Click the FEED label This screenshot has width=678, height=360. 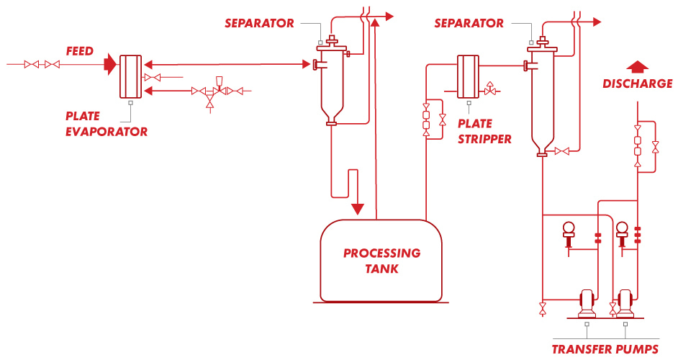(x=79, y=51)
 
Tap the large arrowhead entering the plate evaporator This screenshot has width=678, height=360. (x=109, y=65)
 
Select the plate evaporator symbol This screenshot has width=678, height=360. (x=130, y=76)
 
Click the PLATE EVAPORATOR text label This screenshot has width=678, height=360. (x=107, y=124)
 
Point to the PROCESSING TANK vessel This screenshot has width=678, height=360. (x=381, y=261)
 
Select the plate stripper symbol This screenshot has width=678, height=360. (x=469, y=76)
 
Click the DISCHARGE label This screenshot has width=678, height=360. (x=637, y=84)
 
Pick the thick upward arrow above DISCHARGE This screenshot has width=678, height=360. (x=637, y=67)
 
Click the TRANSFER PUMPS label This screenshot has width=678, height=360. (x=605, y=350)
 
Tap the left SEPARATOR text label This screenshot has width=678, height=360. (x=259, y=24)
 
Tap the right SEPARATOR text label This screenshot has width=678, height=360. (x=469, y=24)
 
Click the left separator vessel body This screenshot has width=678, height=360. (x=331, y=79)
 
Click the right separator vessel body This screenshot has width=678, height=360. (x=542, y=94)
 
